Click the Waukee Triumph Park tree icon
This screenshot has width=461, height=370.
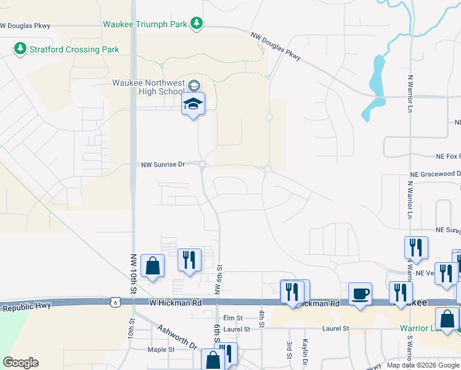tap(197, 23)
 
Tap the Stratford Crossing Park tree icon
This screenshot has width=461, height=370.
tap(20, 48)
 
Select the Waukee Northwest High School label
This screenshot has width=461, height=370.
tap(148, 88)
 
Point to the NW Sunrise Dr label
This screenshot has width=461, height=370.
tap(163, 165)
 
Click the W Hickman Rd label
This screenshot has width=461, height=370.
tap(176, 303)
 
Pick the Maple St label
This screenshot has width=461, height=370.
tap(162, 349)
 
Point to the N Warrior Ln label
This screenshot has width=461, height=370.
tap(410, 94)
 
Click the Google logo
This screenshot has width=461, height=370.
tap(20, 363)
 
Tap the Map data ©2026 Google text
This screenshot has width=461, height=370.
tap(423, 365)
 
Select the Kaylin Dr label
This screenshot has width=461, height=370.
tap(304, 350)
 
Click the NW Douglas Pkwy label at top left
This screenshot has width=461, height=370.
tap(25, 26)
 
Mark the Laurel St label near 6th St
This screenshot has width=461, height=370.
tap(237, 329)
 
